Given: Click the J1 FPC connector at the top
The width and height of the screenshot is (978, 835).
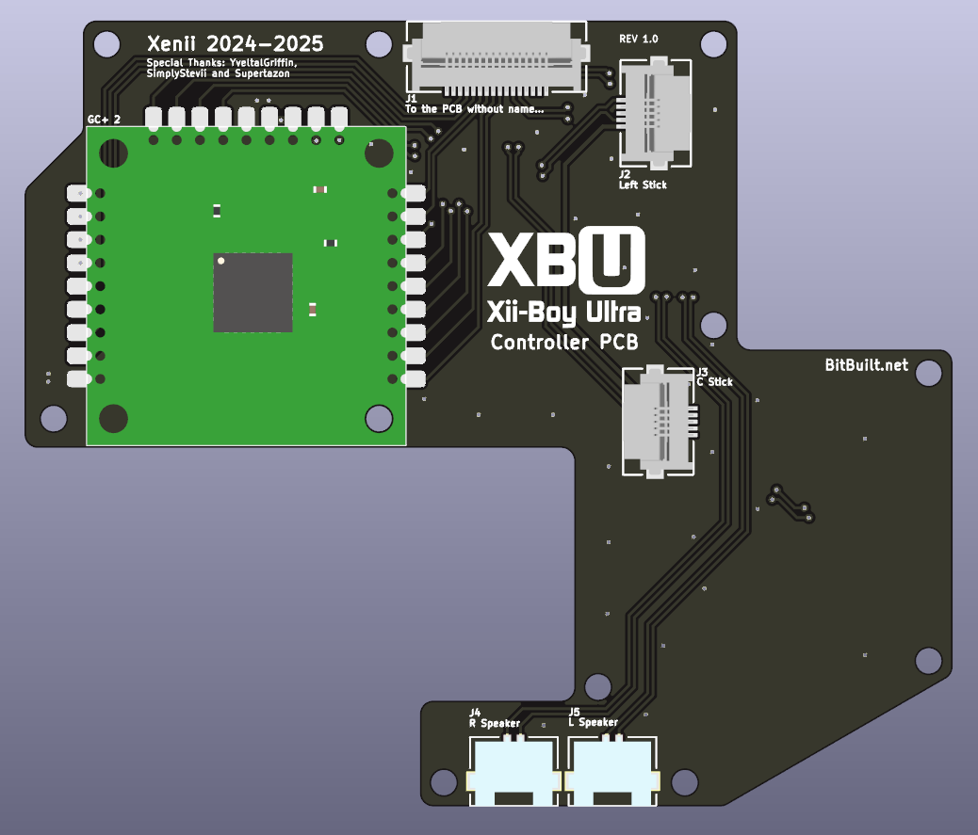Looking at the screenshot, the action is click(497, 58).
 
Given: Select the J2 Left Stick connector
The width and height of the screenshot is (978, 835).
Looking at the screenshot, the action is click(655, 113).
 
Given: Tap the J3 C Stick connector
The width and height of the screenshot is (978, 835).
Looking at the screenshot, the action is click(660, 421).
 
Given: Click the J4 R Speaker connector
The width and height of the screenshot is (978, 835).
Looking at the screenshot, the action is click(513, 770).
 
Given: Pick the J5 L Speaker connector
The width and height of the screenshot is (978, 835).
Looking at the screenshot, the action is click(611, 770).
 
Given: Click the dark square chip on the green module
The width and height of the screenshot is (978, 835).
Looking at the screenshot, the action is click(253, 292).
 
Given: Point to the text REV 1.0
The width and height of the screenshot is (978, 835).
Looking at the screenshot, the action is click(638, 39).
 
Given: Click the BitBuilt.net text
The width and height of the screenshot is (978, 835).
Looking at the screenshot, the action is click(867, 365).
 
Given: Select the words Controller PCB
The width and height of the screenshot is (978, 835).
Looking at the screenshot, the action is click(564, 342).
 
